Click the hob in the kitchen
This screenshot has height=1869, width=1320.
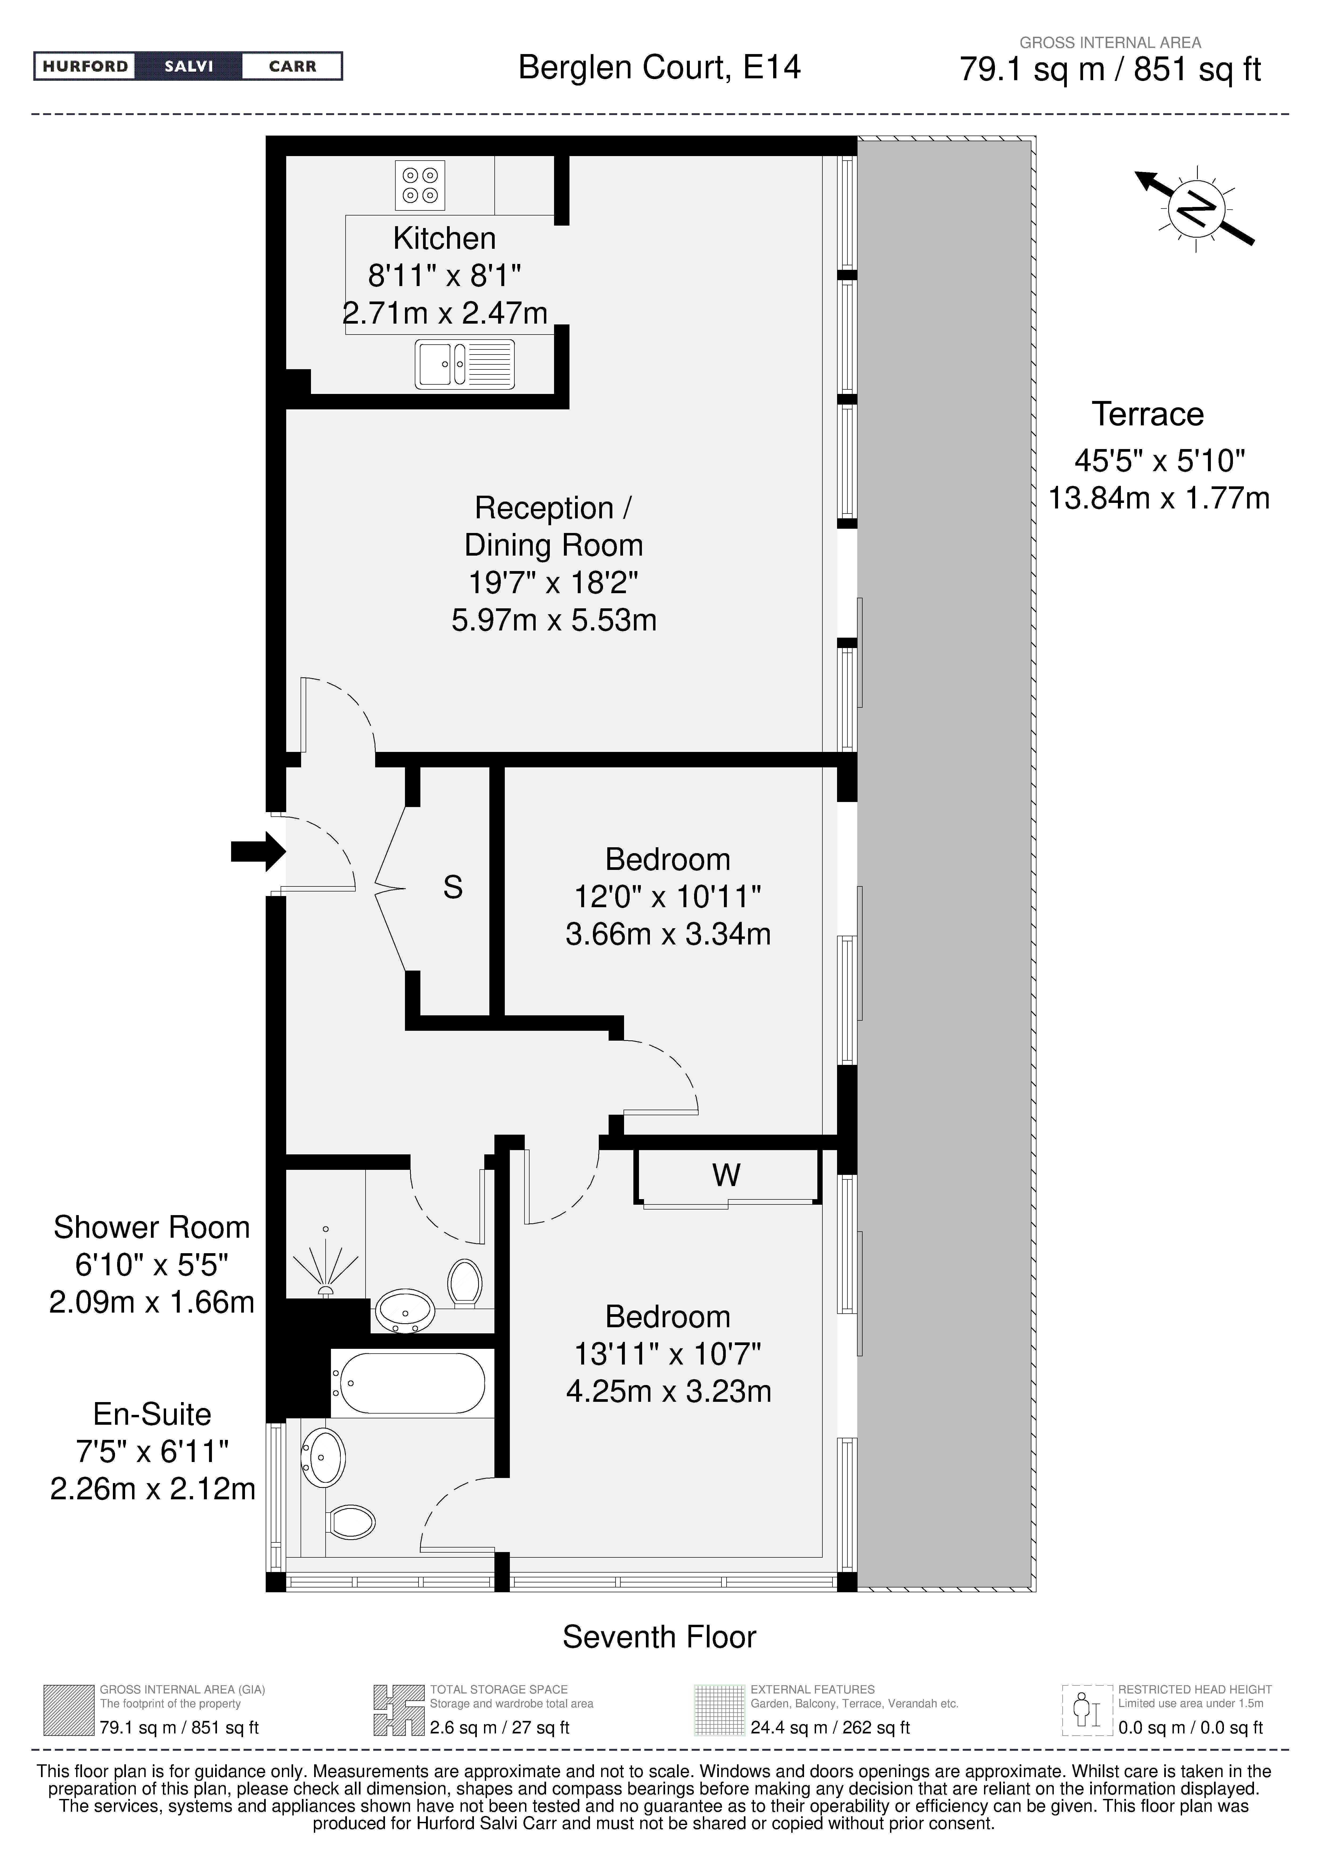(x=420, y=186)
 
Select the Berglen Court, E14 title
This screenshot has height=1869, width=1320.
(x=659, y=67)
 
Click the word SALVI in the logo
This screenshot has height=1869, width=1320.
(x=189, y=66)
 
